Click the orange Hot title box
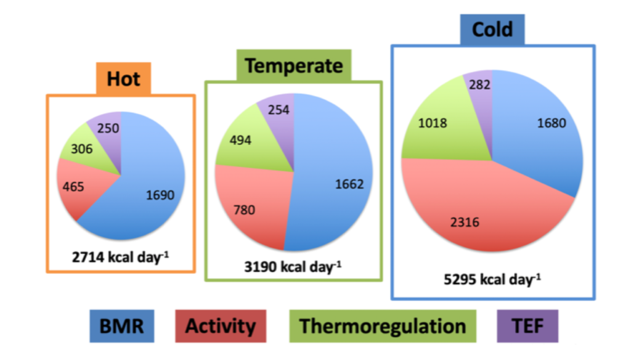(x=123, y=78)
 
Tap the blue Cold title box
(x=492, y=30)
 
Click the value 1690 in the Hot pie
(x=160, y=195)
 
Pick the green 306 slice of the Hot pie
(x=82, y=148)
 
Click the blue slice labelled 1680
(x=550, y=123)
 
